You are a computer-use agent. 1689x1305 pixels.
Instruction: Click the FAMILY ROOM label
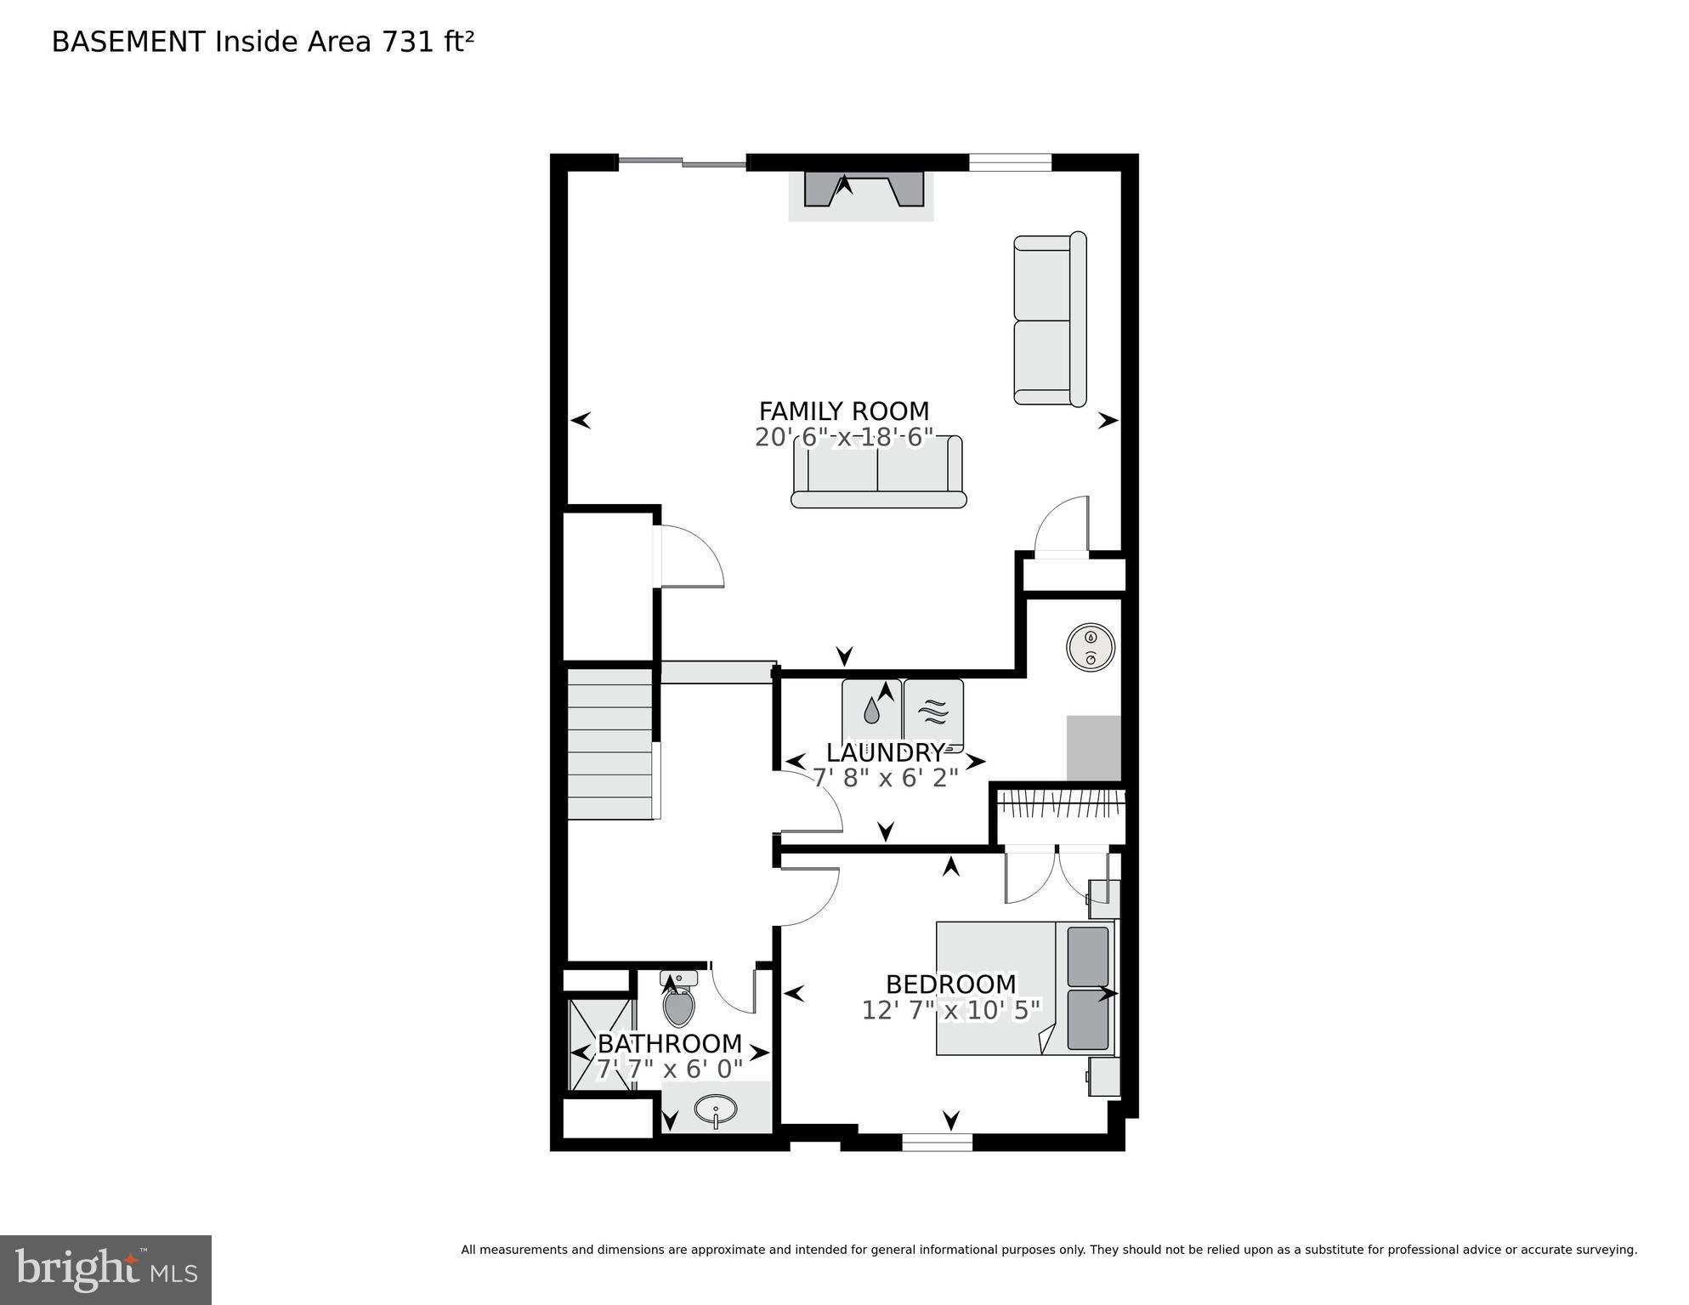pos(843,411)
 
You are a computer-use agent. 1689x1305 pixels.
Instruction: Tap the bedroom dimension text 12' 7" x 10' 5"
pos(950,1011)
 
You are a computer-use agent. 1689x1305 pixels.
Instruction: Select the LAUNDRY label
pos(884,752)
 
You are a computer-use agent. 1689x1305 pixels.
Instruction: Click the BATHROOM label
pos(670,1043)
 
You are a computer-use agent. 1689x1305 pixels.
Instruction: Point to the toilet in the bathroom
pos(678,1003)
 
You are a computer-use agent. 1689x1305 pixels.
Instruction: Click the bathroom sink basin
pos(716,1109)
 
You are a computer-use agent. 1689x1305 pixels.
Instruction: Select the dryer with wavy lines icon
pos(933,712)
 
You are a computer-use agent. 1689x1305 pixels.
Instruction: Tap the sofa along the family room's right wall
pos(1049,320)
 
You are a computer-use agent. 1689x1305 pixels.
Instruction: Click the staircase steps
pos(609,744)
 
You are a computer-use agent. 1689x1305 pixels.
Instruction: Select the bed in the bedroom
pos(1024,989)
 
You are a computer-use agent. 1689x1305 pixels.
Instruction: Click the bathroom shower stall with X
pos(601,1046)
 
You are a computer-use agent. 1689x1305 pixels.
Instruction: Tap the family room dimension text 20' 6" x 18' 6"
pos(843,438)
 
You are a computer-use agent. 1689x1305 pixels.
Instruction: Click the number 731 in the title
pos(407,43)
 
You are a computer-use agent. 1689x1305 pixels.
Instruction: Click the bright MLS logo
pos(105,1269)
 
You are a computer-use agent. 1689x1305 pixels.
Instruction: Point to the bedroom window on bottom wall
pos(936,1143)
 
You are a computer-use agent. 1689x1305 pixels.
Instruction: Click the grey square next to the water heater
pos(1093,747)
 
